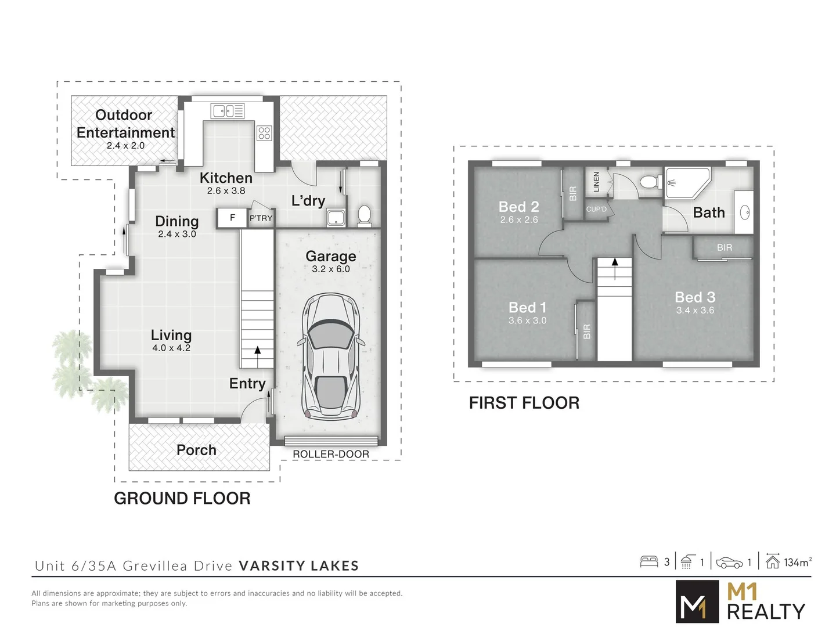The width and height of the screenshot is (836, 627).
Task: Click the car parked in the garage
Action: [330, 356]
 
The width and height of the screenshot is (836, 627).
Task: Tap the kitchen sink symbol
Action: [228, 111]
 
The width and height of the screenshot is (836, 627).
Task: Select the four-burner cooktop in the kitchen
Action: [264, 133]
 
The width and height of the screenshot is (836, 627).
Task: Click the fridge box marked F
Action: [232, 218]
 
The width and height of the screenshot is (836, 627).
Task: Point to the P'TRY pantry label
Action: [261, 218]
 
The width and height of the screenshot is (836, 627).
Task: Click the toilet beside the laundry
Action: [365, 214]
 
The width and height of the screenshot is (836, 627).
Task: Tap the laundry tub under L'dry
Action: [336, 218]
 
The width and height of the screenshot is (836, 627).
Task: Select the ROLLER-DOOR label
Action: [330, 454]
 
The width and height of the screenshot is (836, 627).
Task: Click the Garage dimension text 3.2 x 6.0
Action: [331, 269]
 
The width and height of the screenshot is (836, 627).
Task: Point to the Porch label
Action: [196, 450]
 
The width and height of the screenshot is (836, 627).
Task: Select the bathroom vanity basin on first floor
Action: [745, 212]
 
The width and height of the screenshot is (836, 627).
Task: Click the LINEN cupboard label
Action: [596, 182]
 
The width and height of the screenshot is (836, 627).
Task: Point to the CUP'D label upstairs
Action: [596, 209]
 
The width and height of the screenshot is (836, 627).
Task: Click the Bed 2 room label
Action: [518, 207]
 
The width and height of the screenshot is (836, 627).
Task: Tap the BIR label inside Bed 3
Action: [725, 247]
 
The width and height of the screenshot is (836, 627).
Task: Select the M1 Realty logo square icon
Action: [696, 602]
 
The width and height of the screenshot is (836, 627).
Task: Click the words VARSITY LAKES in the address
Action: [299, 566]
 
